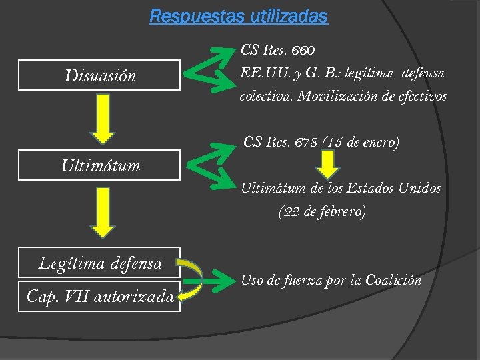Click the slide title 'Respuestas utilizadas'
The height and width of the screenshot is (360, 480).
(239, 16)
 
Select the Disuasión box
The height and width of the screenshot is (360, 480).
(100, 75)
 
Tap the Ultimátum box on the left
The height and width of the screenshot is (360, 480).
(100, 165)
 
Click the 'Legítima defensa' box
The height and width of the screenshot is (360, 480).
(100, 263)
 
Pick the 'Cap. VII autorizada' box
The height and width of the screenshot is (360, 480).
(100, 295)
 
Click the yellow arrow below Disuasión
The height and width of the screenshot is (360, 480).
(102, 119)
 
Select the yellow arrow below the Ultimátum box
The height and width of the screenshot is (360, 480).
(102, 212)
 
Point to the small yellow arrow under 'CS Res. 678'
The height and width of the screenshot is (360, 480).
(327, 164)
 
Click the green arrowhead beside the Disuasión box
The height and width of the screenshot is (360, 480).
(207, 69)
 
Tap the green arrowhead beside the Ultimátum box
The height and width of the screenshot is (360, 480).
(207, 163)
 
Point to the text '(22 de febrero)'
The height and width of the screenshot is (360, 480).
(322, 213)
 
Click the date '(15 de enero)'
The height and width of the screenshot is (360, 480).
(361, 142)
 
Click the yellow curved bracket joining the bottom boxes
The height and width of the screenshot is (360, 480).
(193, 279)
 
